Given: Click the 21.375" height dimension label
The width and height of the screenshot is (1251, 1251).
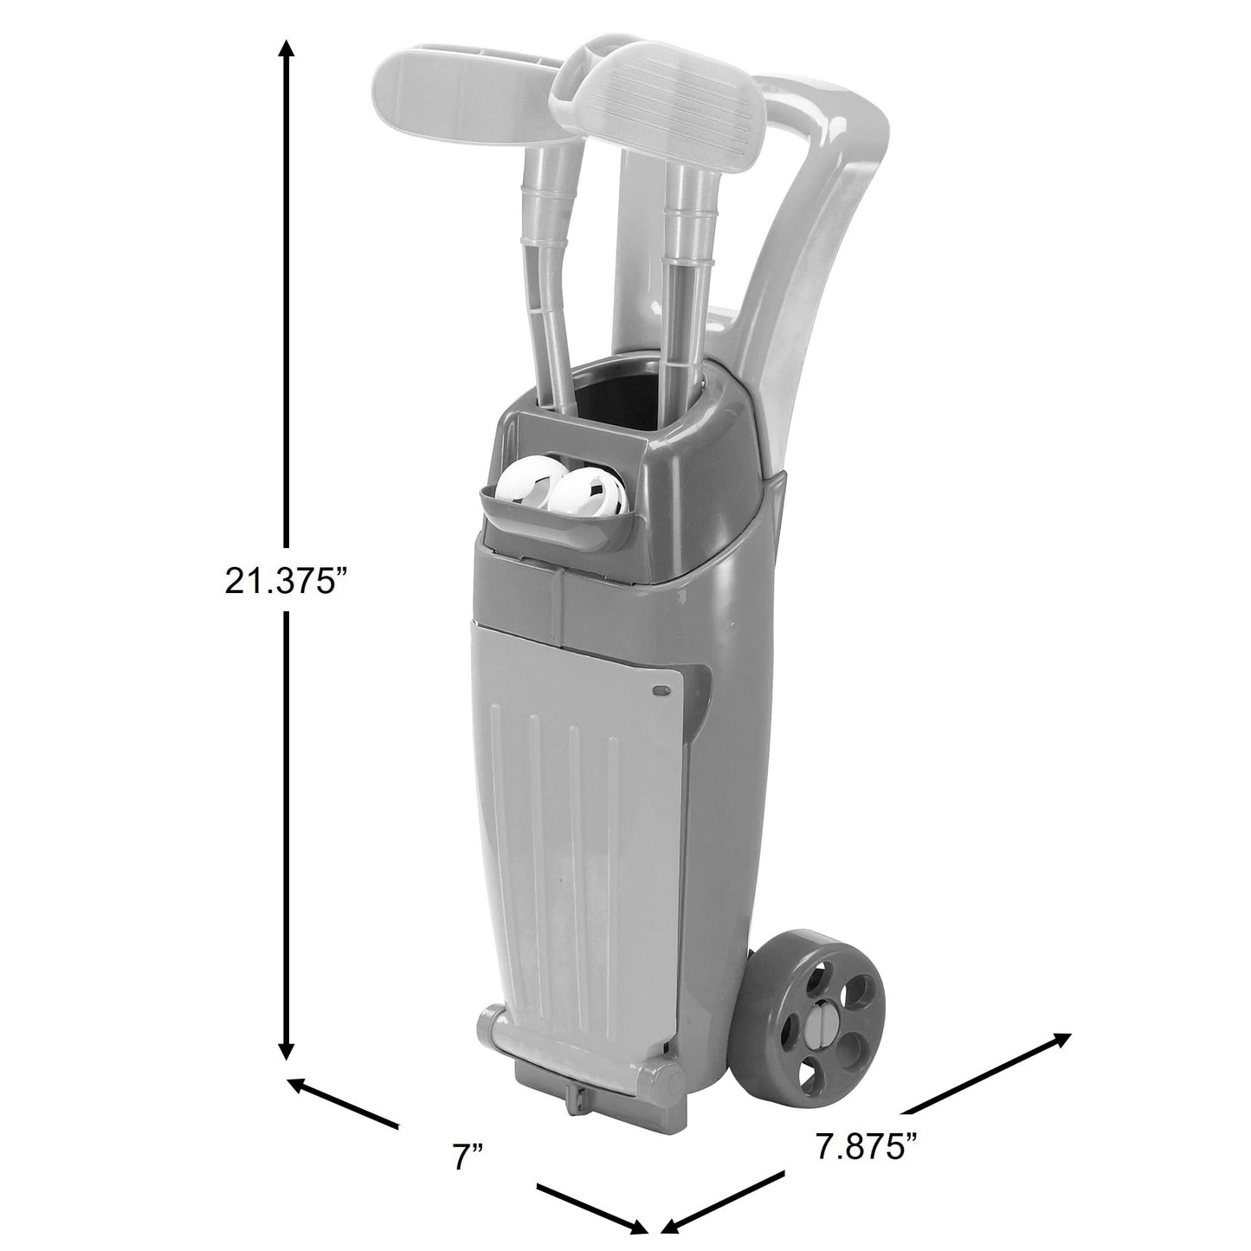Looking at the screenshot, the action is coord(283,580).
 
